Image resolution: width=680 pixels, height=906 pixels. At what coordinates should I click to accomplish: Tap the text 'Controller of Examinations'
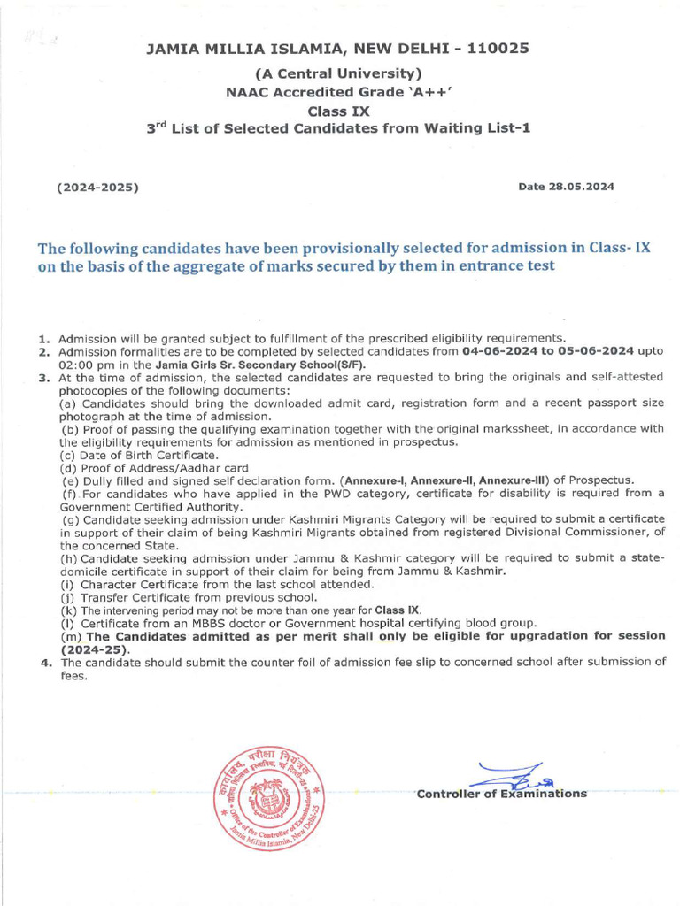tap(501, 794)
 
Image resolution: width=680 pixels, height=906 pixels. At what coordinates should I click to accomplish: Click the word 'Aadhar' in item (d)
tap(202, 468)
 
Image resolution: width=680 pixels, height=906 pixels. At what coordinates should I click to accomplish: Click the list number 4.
tap(44, 662)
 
